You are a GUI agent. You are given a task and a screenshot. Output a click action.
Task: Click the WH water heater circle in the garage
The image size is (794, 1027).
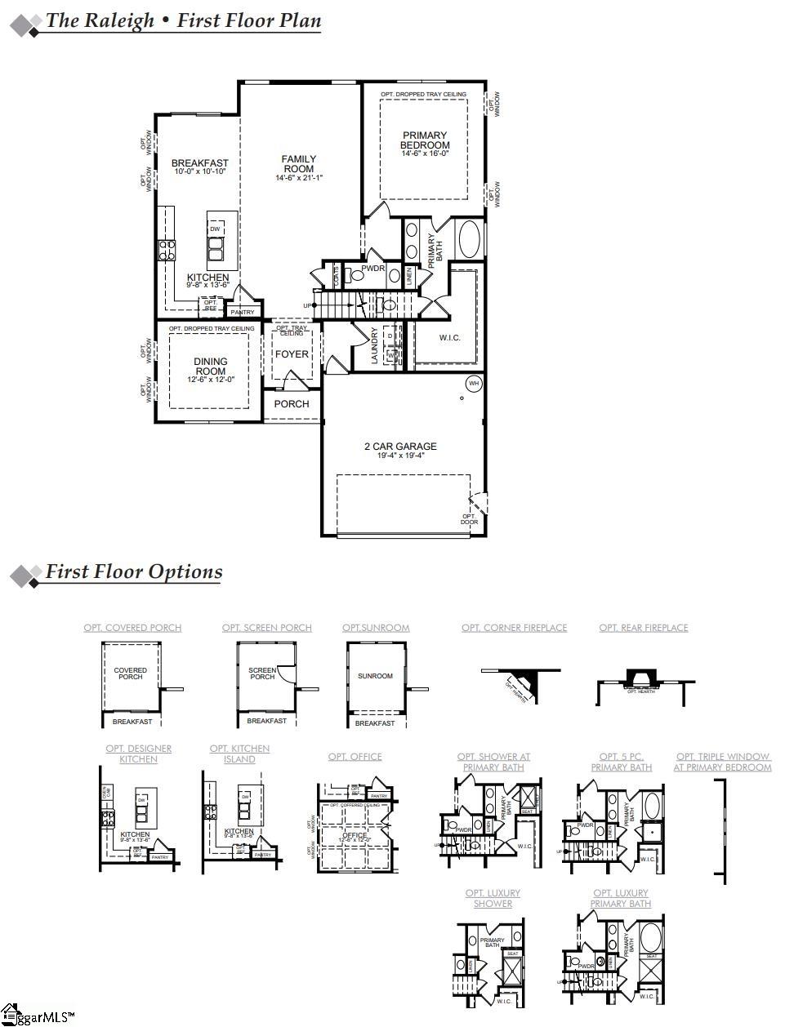click(x=474, y=384)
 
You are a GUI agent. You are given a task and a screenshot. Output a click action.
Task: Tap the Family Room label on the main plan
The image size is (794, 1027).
click(x=298, y=164)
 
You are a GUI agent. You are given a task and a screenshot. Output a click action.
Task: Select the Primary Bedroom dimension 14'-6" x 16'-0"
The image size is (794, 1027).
click(x=424, y=153)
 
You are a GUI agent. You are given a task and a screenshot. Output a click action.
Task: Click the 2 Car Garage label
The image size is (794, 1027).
click(x=400, y=447)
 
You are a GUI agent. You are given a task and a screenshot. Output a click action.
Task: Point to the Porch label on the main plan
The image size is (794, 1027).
click(x=292, y=404)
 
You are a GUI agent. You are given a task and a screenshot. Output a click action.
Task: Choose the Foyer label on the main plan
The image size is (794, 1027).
click(x=292, y=354)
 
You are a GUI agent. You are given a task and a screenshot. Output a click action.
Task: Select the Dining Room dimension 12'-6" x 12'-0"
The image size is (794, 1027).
click(x=210, y=379)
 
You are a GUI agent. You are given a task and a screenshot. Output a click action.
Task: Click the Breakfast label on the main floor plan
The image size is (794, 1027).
click(x=199, y=163)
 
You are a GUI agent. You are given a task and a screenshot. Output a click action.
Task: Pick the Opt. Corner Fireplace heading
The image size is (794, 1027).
click(x=514, y=628)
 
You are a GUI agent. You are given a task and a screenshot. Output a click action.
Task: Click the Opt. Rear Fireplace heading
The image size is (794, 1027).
click(x=644, y=628)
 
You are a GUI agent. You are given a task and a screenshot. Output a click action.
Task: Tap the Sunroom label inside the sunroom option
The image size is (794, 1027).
click(x=375, y=676)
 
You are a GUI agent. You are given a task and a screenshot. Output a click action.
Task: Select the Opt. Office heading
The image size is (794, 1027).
click(x=355, y=757)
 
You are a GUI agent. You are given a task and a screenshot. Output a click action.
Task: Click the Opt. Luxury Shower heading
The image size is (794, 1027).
click(x=493, y=898)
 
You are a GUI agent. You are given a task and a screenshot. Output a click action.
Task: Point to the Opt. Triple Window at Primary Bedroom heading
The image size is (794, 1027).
click(x=722, y=762)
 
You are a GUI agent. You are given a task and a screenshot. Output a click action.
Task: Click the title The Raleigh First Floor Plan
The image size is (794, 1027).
click(x=183, y=21)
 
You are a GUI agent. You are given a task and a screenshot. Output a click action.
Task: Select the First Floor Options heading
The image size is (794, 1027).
click(x=133, y=571)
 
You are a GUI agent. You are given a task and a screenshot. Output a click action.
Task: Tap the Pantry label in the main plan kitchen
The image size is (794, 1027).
click(x=243, y=312)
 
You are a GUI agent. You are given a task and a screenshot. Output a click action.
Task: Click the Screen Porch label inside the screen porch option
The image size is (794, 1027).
click(x=262, y=674)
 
